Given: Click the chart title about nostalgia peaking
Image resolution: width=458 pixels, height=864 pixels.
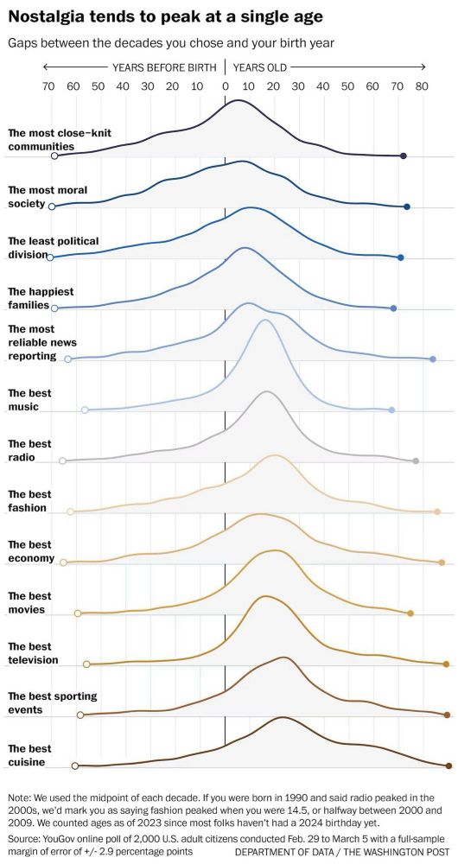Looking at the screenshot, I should pyautogui.click(x=166, y=16).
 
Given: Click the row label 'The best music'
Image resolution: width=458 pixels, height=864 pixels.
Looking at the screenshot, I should pyautogui.click(x=29, y=399).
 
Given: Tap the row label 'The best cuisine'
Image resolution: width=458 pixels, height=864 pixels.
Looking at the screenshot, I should pyautogui.click(x=29, y=755).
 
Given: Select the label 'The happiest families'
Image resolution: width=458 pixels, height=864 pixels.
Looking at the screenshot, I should pyautogui.click(x=41, y=298).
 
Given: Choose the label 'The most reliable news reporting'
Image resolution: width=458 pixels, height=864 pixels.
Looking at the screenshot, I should pyautogui.click(x=42, y=342).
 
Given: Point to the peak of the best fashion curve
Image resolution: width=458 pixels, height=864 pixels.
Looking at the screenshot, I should pyautogui.click(x=276, y=455).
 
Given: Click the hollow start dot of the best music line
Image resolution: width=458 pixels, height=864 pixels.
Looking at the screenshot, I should pyautogui.click(x=85, y=410).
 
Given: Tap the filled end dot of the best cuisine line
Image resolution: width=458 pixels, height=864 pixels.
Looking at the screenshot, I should pyautogui.click(x=448, y=766).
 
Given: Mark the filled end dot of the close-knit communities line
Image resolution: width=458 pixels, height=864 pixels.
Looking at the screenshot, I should pyautogui.click(x=404, y=156).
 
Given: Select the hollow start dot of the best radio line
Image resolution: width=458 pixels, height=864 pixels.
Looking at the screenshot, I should pyautogui.click(x=62, y=461).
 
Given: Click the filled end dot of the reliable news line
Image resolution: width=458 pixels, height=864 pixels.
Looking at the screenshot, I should pyautogui.click(x=432, y=359).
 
